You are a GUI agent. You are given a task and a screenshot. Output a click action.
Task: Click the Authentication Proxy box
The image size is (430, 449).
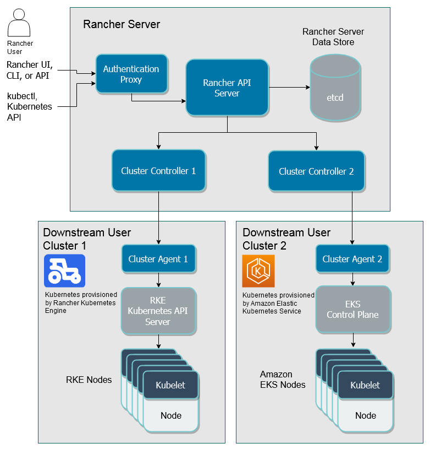point(131,74)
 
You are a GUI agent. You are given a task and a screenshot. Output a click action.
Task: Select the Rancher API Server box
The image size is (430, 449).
point(227,88)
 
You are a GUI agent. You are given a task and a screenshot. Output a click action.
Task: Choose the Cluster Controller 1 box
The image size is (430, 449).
point(158,171)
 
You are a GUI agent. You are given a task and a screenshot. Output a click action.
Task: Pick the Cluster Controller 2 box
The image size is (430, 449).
point(316,171)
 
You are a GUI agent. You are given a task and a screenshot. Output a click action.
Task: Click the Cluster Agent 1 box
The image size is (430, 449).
point(158,259)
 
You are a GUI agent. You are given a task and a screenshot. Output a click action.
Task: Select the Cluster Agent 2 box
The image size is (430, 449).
point(352,259)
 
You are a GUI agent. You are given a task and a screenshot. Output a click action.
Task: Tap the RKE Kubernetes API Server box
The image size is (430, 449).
point(158,311)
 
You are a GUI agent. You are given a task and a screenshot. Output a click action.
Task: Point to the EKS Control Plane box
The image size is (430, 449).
point(352,310)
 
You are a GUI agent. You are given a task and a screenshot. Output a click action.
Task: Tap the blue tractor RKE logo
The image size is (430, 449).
point(64,271)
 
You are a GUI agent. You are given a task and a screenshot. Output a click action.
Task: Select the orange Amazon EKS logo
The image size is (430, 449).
point(258,271)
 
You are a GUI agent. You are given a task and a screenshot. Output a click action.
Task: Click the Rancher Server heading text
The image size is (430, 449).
point(122,24)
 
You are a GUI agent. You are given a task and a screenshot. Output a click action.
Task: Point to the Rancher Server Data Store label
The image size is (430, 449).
point(333,36)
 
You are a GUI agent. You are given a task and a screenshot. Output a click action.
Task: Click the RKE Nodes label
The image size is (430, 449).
point(89,380)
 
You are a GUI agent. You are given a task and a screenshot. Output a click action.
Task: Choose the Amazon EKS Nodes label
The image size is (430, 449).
point(283,379)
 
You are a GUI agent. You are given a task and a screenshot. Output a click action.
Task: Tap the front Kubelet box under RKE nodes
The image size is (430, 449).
point(170,385)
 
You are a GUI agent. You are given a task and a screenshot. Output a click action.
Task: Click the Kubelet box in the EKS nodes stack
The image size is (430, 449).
point(365,385)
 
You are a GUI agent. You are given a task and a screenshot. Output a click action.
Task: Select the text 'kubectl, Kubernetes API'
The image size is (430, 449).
point(29,107)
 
